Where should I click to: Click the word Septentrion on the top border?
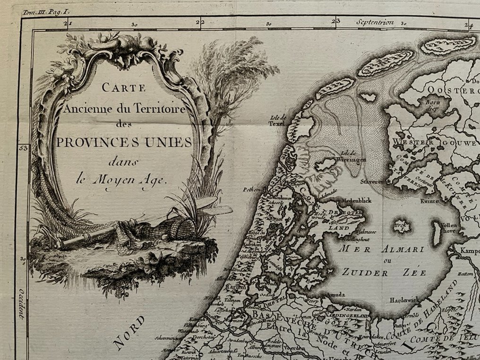tap(376, 22)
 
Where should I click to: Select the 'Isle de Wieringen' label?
tap(349, 156)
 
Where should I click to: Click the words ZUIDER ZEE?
tap(385, 273)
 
